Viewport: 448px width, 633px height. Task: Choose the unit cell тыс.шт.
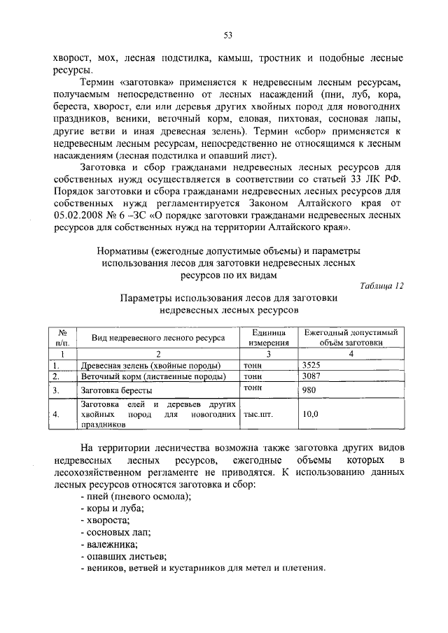(258, 413)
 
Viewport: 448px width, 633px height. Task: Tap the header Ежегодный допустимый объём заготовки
(351, 338)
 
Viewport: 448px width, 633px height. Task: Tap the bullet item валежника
(109, 543)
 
